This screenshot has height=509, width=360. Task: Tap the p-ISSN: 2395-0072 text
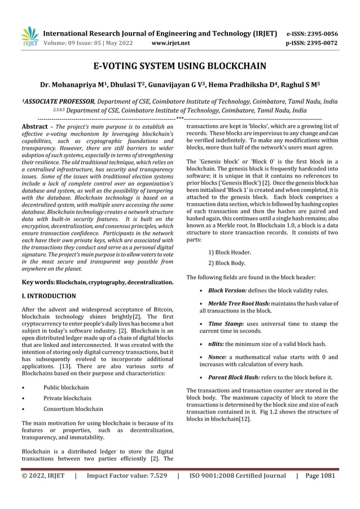pos(312,42)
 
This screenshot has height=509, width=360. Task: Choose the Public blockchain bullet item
pos(66,388)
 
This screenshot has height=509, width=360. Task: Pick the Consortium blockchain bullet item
pos(73,409)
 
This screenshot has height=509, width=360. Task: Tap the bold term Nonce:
pos(219,357)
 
